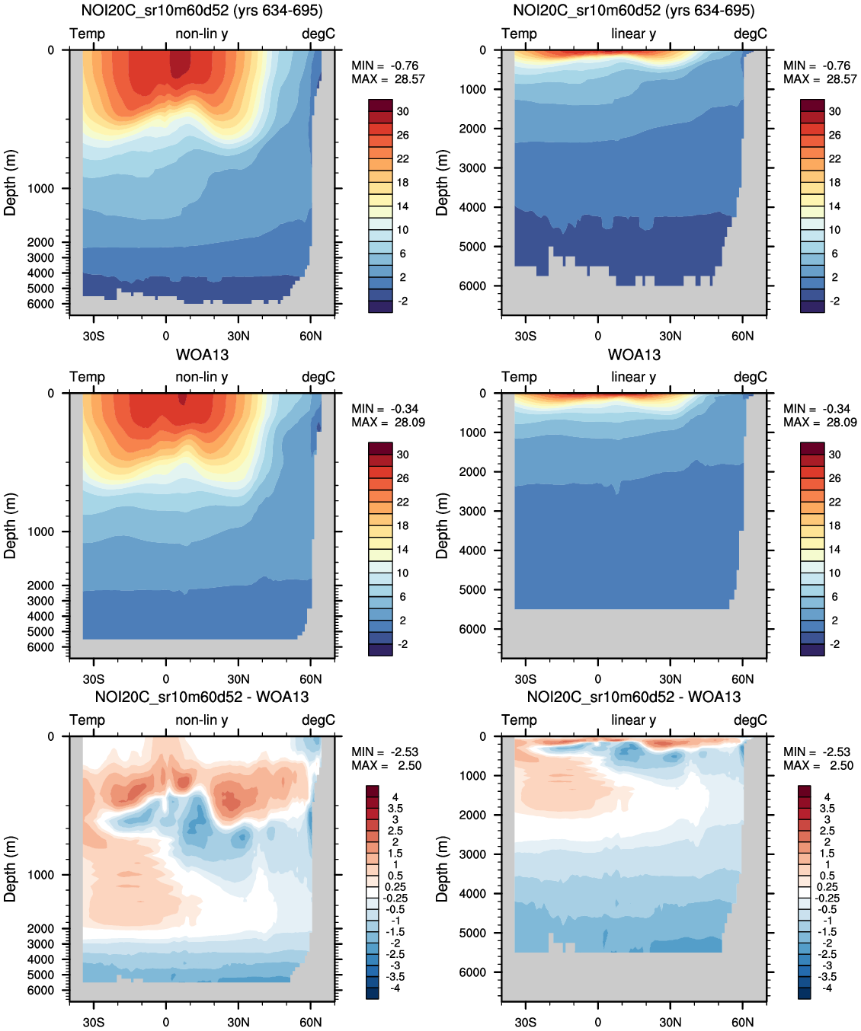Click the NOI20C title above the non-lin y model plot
coord(202,11)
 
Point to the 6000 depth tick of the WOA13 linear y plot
coord(472,629)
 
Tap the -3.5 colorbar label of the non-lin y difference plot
coord(395,977)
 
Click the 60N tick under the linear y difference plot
coord(743,1022)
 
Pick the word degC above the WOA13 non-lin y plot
coord(318,377)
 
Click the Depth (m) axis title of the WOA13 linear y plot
coord(442,525)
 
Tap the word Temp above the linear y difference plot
coord(519,720)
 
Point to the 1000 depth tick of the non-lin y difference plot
coord(40,875)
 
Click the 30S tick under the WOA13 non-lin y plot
coord(94,679)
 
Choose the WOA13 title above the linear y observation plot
coord(634,354)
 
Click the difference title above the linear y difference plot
coord(634,697)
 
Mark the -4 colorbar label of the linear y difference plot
coord(827,988)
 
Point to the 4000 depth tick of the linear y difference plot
coord(472,893)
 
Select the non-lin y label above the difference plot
coord(202,720)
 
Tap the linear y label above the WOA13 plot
coord(633,377)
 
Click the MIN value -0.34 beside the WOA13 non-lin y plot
coord(404,409)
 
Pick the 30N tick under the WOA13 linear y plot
coord(671,679)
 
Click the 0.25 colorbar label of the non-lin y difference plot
coord(395,887)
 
